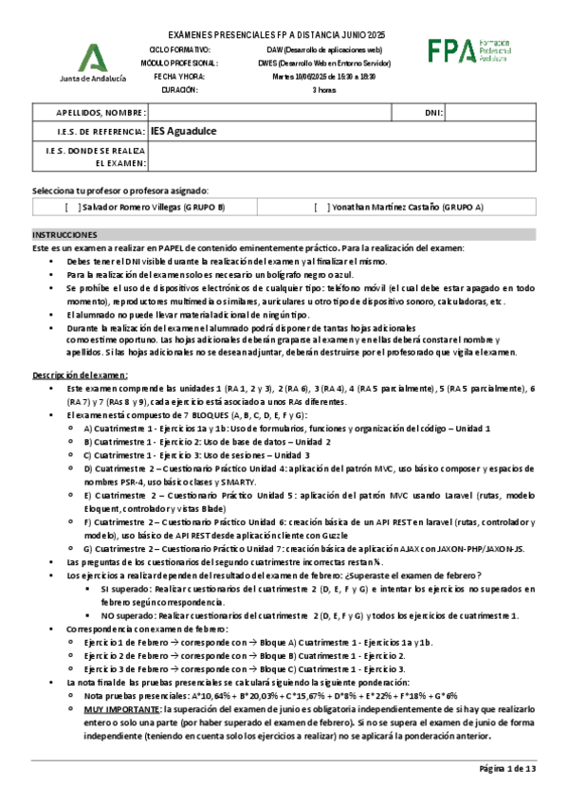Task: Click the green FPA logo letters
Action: pos(450,52)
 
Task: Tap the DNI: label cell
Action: pos(433,114)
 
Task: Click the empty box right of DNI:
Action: pos(490,114)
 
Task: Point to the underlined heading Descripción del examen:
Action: pos(77,348)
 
